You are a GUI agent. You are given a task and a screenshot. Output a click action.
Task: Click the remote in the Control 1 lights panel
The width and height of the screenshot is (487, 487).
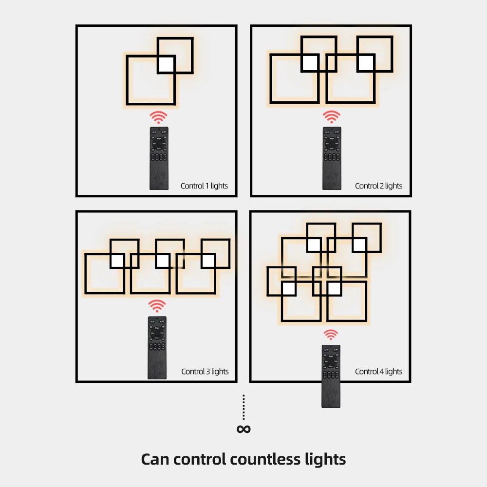click(159, 158)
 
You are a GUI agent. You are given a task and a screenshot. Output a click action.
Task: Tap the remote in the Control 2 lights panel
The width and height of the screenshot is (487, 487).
click(332, 158)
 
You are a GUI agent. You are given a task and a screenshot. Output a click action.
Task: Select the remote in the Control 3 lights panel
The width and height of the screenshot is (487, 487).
click(157, 348)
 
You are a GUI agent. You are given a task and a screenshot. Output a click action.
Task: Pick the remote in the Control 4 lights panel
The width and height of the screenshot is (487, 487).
click(331, 376)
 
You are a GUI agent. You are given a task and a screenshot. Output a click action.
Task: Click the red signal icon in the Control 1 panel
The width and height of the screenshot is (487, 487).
click(158, 117)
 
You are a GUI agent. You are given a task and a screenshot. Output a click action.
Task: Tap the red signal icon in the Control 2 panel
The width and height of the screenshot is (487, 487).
click(332, 117)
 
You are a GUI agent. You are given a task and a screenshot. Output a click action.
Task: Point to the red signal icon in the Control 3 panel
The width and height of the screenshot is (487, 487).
click(157, 306)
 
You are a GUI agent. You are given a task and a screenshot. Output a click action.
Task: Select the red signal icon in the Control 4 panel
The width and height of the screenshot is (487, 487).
click(331, 335)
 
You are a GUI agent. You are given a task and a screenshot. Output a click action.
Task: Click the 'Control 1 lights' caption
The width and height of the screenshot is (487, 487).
click(204, 186)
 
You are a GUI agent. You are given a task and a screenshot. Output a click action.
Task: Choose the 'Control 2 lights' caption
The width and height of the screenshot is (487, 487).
click(378, 186)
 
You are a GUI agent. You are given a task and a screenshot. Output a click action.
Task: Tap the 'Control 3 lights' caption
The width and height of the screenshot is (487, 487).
click(205, 372)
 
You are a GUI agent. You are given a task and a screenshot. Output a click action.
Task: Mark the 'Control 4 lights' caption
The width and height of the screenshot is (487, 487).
click(378, 372)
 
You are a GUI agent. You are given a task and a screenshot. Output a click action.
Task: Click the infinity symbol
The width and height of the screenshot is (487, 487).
click(243, 429)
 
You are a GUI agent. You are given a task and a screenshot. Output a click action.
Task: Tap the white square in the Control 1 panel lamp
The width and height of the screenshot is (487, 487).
click(166, 64)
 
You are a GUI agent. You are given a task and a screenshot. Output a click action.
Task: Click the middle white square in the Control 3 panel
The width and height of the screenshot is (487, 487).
click(163, 261)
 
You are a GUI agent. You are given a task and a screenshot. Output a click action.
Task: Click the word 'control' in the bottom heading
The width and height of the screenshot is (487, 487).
click(200, 459)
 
